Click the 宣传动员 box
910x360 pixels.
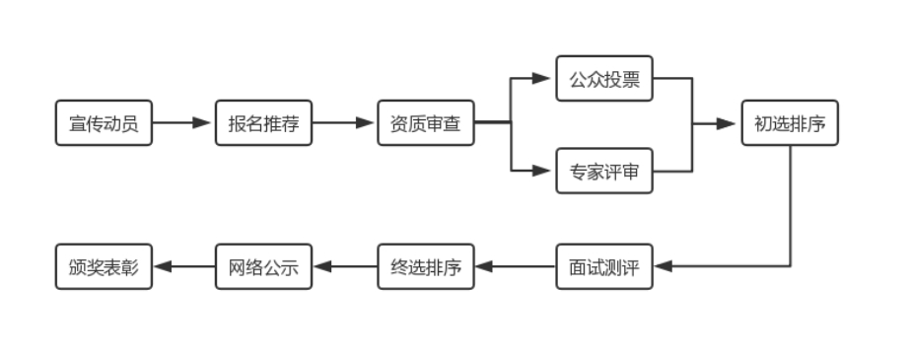(x=104, y=123)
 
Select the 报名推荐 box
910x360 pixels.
(x=264, y=123)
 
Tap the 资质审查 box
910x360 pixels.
(x=426, y=123)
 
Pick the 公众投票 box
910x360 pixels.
(x=604, y=78)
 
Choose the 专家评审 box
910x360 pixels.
(x=604, y=171)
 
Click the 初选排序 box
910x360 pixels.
(x=791, y=123)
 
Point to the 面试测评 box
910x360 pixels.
(x=604, y=266)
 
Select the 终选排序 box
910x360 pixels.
(x=426, y=266)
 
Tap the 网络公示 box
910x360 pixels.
(x=264, y=266)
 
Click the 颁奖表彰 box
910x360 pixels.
(x=104, y=266)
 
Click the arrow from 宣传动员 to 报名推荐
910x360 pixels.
(x=183, y=123)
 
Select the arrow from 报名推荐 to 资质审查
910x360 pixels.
(x=345, y=123)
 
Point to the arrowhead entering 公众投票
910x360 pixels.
(x=540, y=78)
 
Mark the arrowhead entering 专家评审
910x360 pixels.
(x=540, y=171)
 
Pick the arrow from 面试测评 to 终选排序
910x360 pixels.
(x=515, y=266)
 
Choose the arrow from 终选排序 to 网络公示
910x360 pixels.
(x=345, y=266)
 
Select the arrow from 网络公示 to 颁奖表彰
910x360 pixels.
(x=183, y=266)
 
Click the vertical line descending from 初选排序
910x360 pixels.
(x=791, y=207)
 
